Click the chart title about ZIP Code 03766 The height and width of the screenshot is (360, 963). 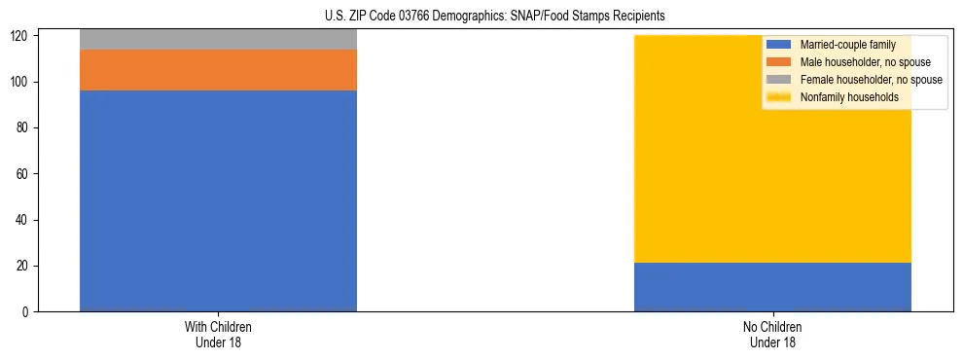pos(494,17)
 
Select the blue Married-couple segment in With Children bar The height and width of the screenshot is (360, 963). pos(218,200)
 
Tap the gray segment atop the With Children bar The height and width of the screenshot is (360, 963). pos(218,39)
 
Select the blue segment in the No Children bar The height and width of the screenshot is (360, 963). pos(772,287)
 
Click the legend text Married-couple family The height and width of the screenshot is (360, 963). pos(848,45)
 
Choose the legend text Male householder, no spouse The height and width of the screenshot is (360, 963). pos(865,62)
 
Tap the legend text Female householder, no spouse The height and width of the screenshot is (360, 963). pos(871,80)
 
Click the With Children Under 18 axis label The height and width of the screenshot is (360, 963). pos(218,334)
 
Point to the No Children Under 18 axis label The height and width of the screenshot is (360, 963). pos(772,334)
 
